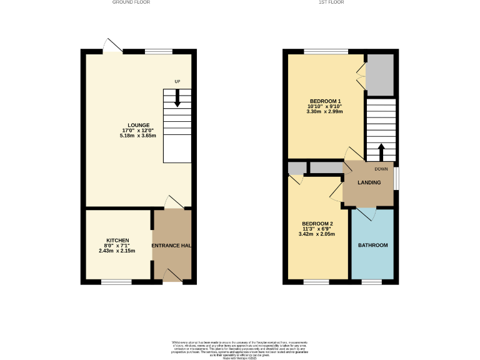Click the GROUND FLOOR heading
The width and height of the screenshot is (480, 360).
[131, 2]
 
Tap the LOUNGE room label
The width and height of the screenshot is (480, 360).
[139, 124]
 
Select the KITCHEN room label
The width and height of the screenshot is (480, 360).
[117, 240]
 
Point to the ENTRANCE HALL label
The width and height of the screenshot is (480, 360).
[172, 246]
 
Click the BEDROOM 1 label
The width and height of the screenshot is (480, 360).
[325, 101]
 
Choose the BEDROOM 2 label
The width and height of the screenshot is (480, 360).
[317, 224]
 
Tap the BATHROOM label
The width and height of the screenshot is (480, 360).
[372, 246]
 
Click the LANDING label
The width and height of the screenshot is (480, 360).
[369, 182]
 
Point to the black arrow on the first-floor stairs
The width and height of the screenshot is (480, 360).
[381, 151]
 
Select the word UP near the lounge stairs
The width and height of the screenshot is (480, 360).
[177, 82]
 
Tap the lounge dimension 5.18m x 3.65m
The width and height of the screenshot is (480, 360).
[139, 136]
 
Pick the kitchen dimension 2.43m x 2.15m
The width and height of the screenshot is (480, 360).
[117, 251]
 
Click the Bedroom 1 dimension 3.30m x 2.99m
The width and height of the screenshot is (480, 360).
[325, 112]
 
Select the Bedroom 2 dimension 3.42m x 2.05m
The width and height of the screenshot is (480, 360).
[317, 234]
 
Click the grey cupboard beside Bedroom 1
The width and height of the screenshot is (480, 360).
[381, 74]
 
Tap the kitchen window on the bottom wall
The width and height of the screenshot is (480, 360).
[116, 282]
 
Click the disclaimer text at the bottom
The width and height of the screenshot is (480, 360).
[240, 348]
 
